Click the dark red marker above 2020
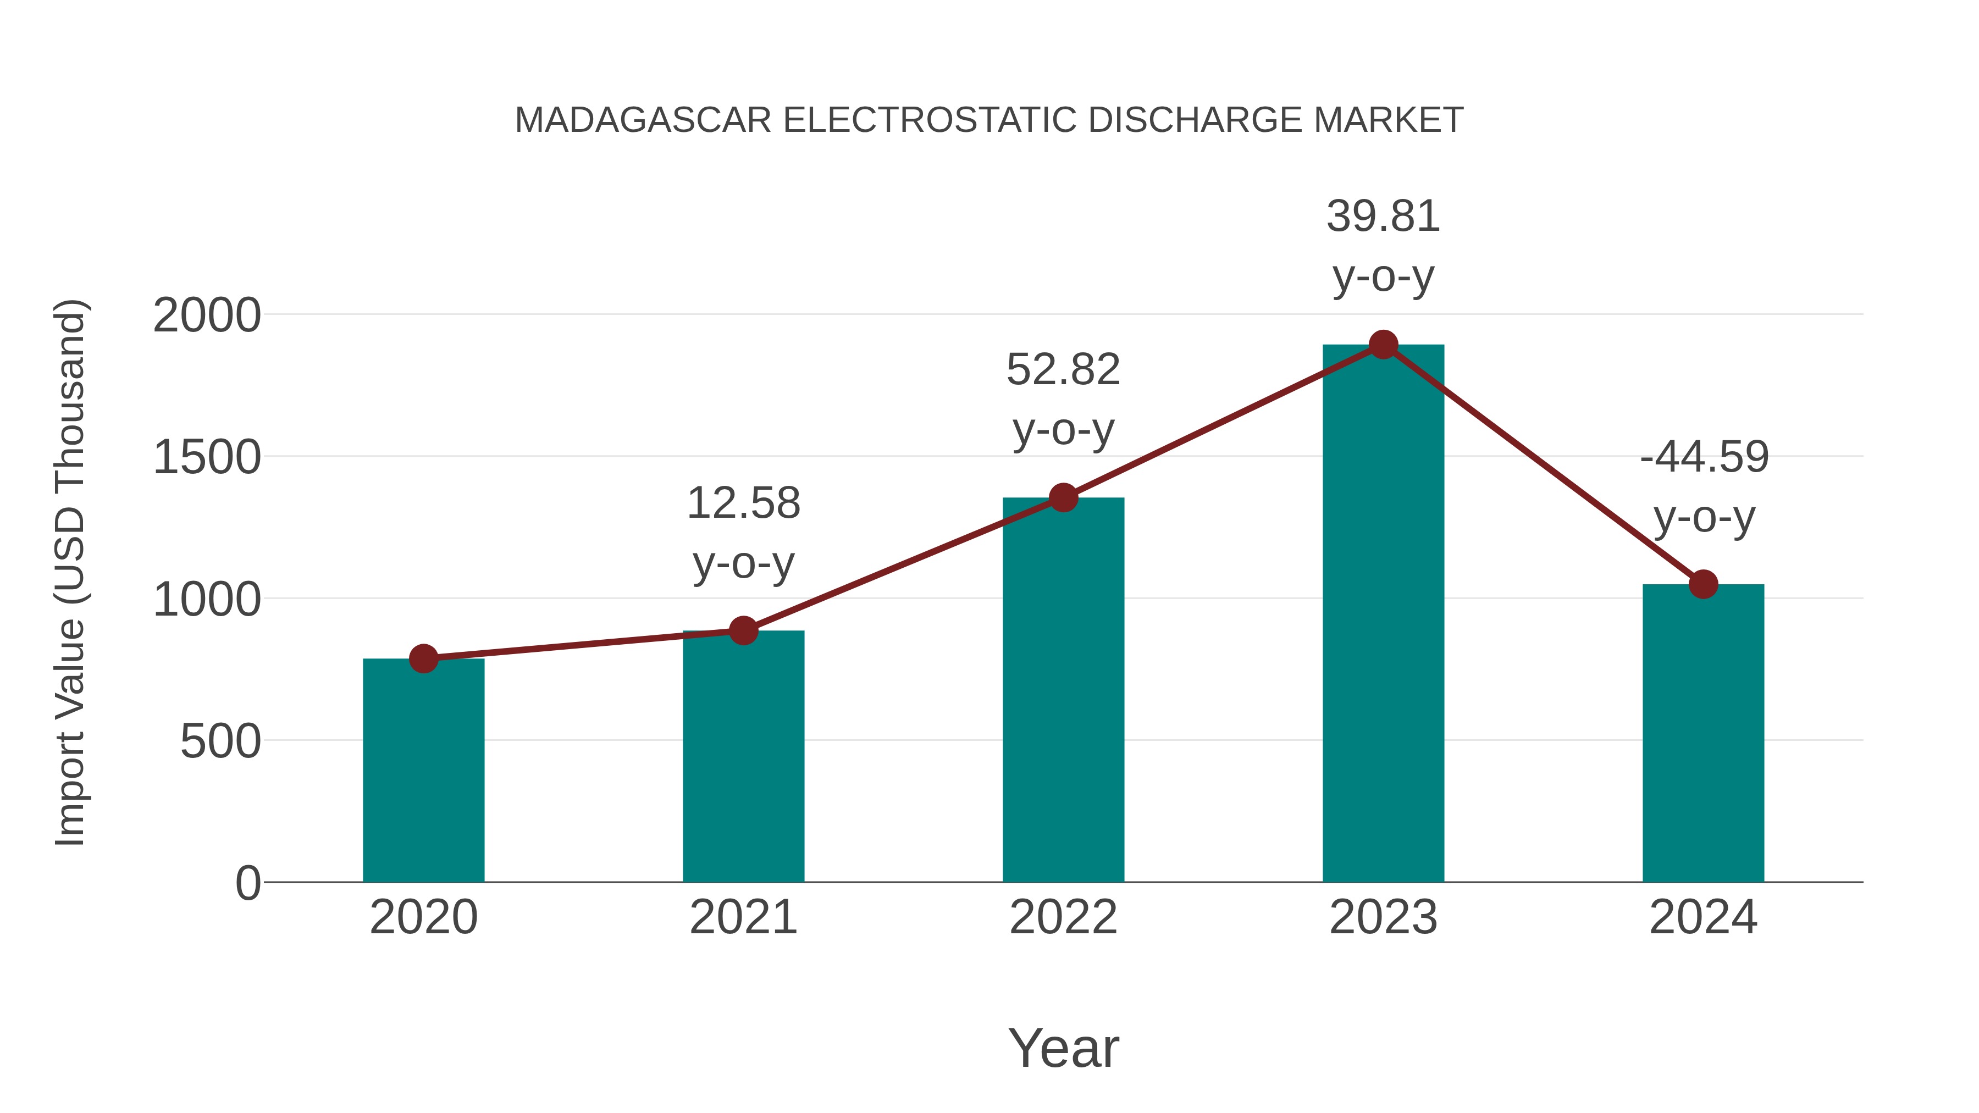pyautogui.click(x=423, y=658)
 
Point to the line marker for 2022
pyautogui.click(x=1063, y=498)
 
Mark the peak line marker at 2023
pyautogui.click(x=1383, y=345)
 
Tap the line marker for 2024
pyautogui.click(x=1703, y=584)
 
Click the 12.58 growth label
pyautogui.click(x=743, y=504)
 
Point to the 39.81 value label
pyautogui.click(x=1383, y=217)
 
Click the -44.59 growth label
pyautogui.click(x=1704, y=458)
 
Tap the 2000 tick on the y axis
pyautogui.click(x=207, y=315)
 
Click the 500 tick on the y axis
pyautogui.click(x=220, y=742)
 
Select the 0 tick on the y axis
pyautogui.click(x=247, y=883)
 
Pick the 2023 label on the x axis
pyautogui.click(x=1383, y=918)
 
